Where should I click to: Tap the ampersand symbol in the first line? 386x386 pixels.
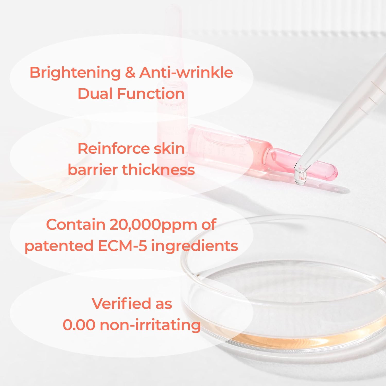(130, 72)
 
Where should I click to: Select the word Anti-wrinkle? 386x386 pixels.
(186, 72)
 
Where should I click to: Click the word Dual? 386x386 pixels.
(95, 94)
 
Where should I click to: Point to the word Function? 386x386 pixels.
(151, 94)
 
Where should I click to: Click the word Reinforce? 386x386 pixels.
(113, 149)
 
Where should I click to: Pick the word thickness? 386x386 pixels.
(158, 170)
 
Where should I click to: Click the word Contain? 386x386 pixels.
(76, 225)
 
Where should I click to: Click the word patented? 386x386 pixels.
(59, 246)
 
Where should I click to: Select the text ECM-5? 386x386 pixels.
(122, 246)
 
